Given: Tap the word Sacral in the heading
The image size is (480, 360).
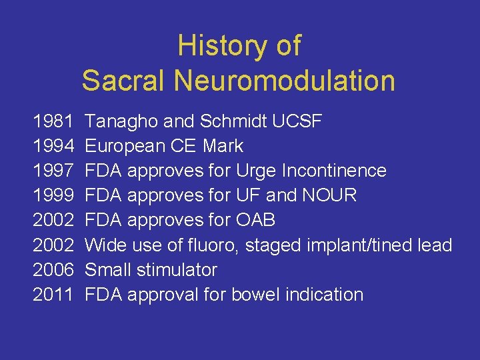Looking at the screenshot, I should [124, 81].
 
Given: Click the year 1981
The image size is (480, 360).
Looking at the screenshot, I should [54, 121].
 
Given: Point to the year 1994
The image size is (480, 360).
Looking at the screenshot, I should [54, 146].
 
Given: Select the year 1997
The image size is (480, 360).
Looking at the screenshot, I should [54, 171].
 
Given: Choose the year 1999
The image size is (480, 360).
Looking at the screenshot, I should [54, 195].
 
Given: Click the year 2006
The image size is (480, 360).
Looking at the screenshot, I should [54, 270].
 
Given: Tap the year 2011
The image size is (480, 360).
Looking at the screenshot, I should [54, 295].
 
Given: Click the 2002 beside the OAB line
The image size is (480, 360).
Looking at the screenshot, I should [54, 220].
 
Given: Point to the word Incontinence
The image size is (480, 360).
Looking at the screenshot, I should [334, 171].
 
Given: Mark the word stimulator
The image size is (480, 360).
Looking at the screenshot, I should [177, 270].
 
